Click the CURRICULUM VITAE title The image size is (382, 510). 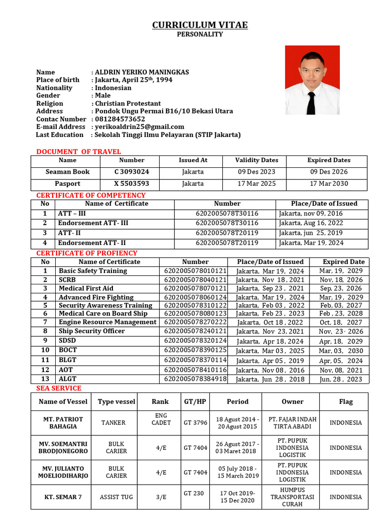click(199, 25)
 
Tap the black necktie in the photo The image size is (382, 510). click(311, 102)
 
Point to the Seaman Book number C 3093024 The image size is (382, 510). click(131, 172)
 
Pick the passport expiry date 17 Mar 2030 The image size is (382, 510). click(329, 184)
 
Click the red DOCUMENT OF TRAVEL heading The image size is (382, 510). click(79, 151)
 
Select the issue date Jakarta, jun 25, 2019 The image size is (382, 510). click(311, 233)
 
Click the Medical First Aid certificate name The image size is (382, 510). click(86, 288)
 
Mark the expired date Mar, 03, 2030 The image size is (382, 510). click(341, 351)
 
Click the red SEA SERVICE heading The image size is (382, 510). click(59, 388)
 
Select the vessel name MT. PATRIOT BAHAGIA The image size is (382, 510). click(63, 423)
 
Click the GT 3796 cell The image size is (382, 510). click(195, 423)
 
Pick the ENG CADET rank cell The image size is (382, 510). click(161, 419)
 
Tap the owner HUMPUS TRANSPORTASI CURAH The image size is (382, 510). click(292, 497)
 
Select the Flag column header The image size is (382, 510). click(346, 401)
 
